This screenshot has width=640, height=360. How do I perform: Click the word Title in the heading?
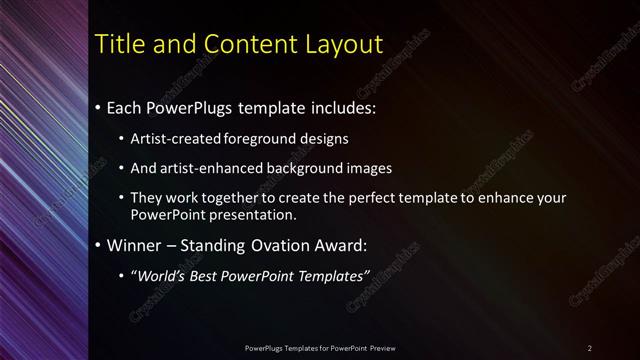(x=118, y=44)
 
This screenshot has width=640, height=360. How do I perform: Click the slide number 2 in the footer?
(x=589, y=347)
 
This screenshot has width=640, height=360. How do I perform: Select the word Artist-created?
(x=170, y=139)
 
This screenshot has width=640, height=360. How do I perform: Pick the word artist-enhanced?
(x=207, y=168)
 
